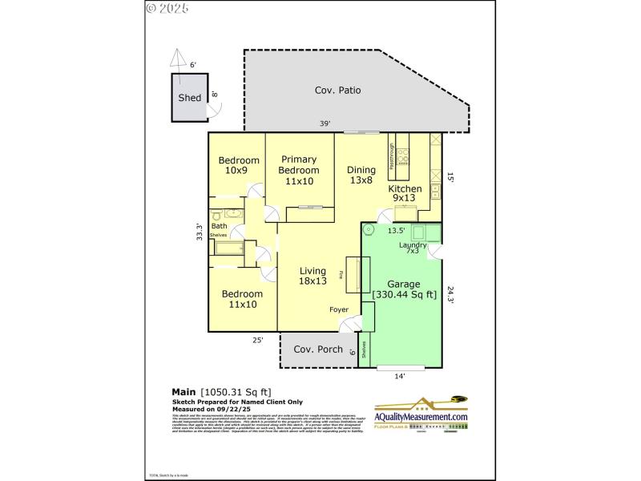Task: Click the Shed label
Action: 189,98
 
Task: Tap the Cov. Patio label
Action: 337,91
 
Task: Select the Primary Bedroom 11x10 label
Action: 298,170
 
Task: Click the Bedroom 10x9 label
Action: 239,165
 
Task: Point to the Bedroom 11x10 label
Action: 242,299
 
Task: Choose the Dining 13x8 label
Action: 361,175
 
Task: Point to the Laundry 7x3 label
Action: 413,248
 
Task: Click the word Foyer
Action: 339,309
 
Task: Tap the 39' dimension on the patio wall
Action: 325,123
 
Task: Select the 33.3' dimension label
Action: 202,231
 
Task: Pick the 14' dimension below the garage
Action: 400,375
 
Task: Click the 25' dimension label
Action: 258,340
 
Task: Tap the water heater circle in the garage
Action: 369,229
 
